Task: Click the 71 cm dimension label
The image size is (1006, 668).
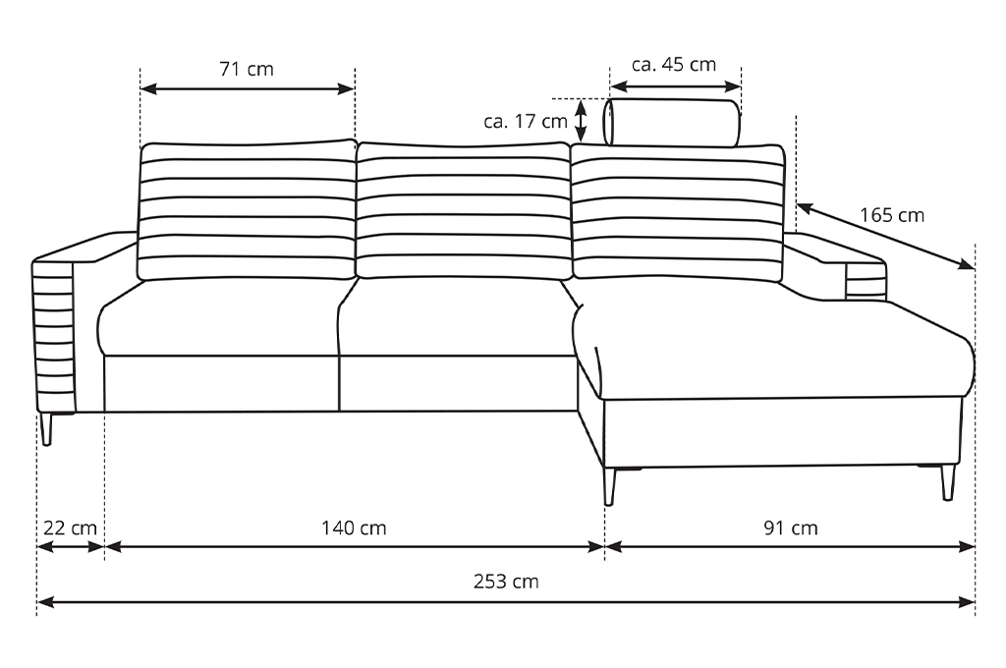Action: pyautogui.click(x=247, y=69)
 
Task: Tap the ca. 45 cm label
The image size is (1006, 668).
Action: pyautogui.click(x=674, y=65)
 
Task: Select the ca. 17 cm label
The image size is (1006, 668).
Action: pyautogui.click(x=526, y=121)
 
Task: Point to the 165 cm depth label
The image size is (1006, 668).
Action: pyautogui.click(x=892, y=215)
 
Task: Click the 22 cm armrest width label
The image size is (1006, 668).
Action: pyautogui.click(x=70, y=529)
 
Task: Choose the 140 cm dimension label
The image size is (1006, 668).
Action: pyautogui.click(x=354, y=529)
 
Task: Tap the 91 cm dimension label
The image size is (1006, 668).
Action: pyautogui.click(x=791, y=529)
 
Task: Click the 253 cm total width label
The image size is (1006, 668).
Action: pyautogui.click(x=506, y=582)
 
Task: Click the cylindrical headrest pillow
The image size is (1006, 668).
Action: pyautogui.click(x=672, y=122)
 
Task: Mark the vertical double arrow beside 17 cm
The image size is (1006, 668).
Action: pyautogui.click(x=581, y=120)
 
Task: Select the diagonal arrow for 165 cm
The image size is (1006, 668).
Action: pyautogui.click(x=886, y=236)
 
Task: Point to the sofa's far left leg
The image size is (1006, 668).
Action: pyautogui.click(x=47, y=428)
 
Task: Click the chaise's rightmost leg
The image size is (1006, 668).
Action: pyautogui.click(x=948, y=482)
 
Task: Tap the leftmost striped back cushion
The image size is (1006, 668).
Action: pyautogui.click(x=247, y=210)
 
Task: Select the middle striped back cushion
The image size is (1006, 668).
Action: pyautogui.click(x=464, y=210)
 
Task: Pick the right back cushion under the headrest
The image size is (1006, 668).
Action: pyautogui.click(x=678, y=213)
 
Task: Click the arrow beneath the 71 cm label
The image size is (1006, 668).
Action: pyautogui.click(x=247, y=88)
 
